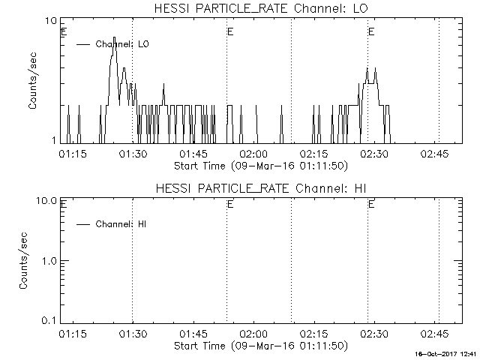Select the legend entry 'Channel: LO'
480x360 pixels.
(x=122, y=44)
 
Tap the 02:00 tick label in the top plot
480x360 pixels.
(x=253, y=154)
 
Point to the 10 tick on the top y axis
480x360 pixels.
(x=52, y=21)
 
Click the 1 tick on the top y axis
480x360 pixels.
(x=55, y=140)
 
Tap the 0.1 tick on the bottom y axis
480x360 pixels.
(x=49, y=320)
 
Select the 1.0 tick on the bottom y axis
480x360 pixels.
(x=49, y=261)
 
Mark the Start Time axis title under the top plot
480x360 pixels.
(x=259, y=166)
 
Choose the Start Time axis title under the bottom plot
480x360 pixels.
(x=259, y=346)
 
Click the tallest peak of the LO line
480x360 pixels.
(x=114, y=37)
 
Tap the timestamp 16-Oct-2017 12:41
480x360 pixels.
(x=448, y=353)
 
